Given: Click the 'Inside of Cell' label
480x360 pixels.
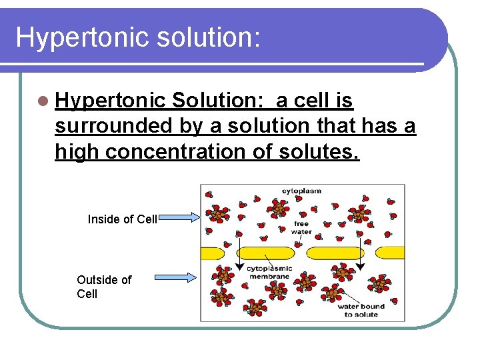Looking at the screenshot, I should click(x=122, y=219).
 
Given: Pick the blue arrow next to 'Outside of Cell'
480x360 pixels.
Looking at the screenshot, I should click(x=175, y=276).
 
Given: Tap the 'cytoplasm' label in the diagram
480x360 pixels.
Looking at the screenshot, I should click(x=301, y=191).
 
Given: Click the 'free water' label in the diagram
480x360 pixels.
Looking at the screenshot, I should click(x=301, y=228).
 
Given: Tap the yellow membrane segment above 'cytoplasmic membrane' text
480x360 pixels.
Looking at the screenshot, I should click(x=265, y=253).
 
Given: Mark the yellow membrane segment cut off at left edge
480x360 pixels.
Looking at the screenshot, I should click(x=212, y=253).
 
